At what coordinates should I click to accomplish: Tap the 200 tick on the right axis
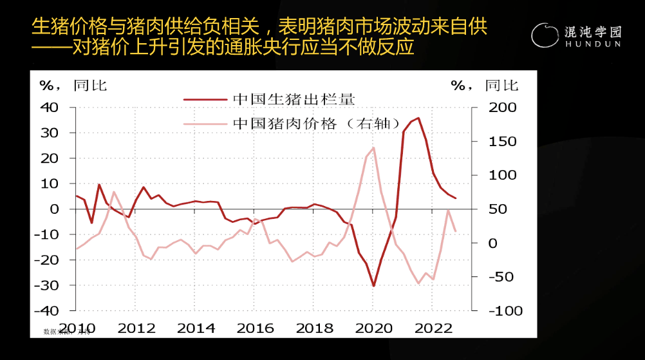(503, 107)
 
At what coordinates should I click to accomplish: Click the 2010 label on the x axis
(78, 328)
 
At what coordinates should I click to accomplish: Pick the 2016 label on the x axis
(255, 328)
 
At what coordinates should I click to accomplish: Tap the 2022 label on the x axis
(433, 328)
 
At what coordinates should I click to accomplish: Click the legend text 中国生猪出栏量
(294, 99)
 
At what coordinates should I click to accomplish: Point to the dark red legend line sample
(205, 99)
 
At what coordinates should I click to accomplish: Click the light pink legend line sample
(205, 124)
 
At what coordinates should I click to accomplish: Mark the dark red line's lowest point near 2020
(373, 286)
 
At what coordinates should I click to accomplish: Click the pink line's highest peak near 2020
(373, 148)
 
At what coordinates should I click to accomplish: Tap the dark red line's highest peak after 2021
(418, 118)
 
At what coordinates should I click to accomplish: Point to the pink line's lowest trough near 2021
(418, 283)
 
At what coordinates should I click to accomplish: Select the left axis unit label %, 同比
(73, 86)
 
